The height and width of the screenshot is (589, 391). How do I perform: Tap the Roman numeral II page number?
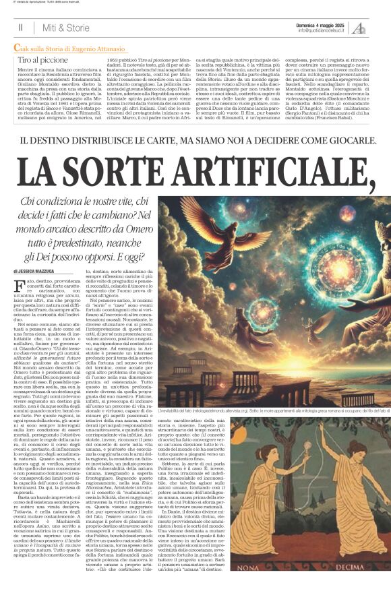pos(21,28)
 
